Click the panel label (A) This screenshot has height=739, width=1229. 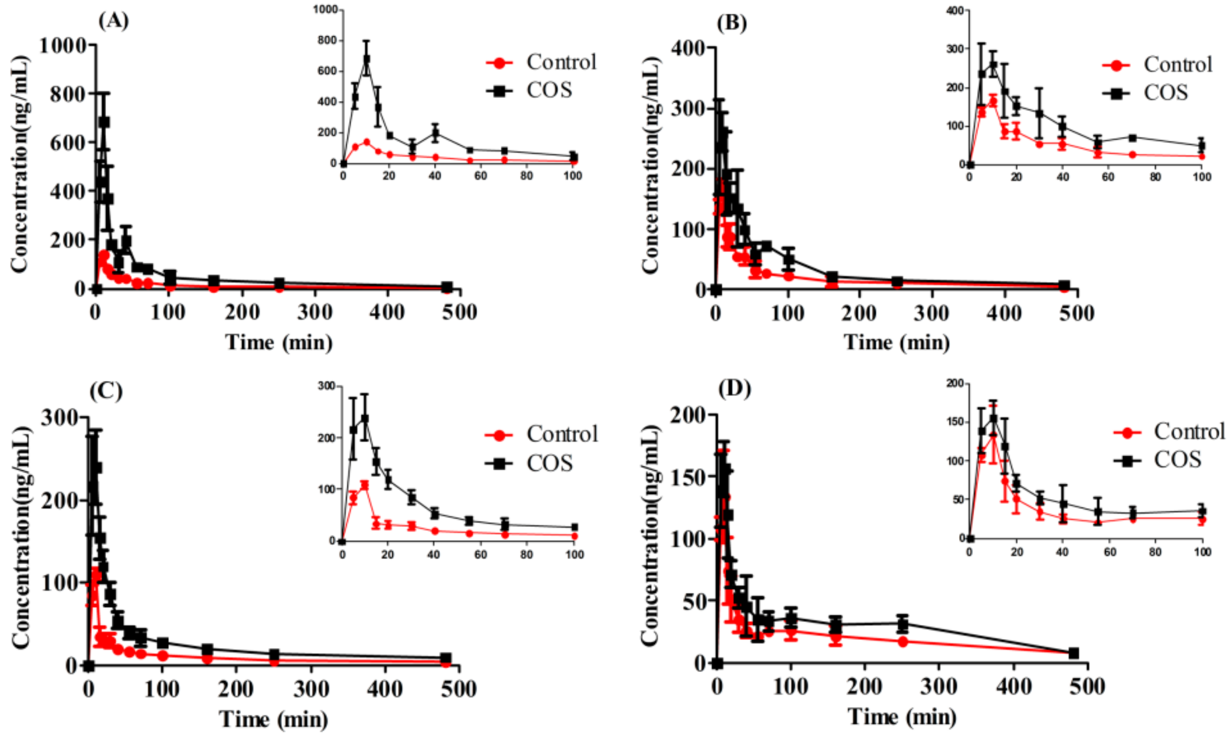click(114, 21)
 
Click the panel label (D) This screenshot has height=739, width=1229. click(734, 389)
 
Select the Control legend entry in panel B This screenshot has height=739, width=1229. click(1157, 65)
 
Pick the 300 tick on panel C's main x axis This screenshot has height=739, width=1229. click(311, 689)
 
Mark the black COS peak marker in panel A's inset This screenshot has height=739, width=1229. click(366, 59)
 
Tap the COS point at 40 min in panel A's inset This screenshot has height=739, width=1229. click(435, 133)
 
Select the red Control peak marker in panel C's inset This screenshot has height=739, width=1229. click(365, 484)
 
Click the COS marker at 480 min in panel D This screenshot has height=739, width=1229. click(1073, 653)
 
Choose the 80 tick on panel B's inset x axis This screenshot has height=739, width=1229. click(1156, 177)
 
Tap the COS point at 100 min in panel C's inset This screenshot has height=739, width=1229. click(574, 527)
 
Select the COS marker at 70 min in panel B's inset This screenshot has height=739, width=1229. click(1133, 138)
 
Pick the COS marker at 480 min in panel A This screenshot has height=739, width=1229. click(447, 287)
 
